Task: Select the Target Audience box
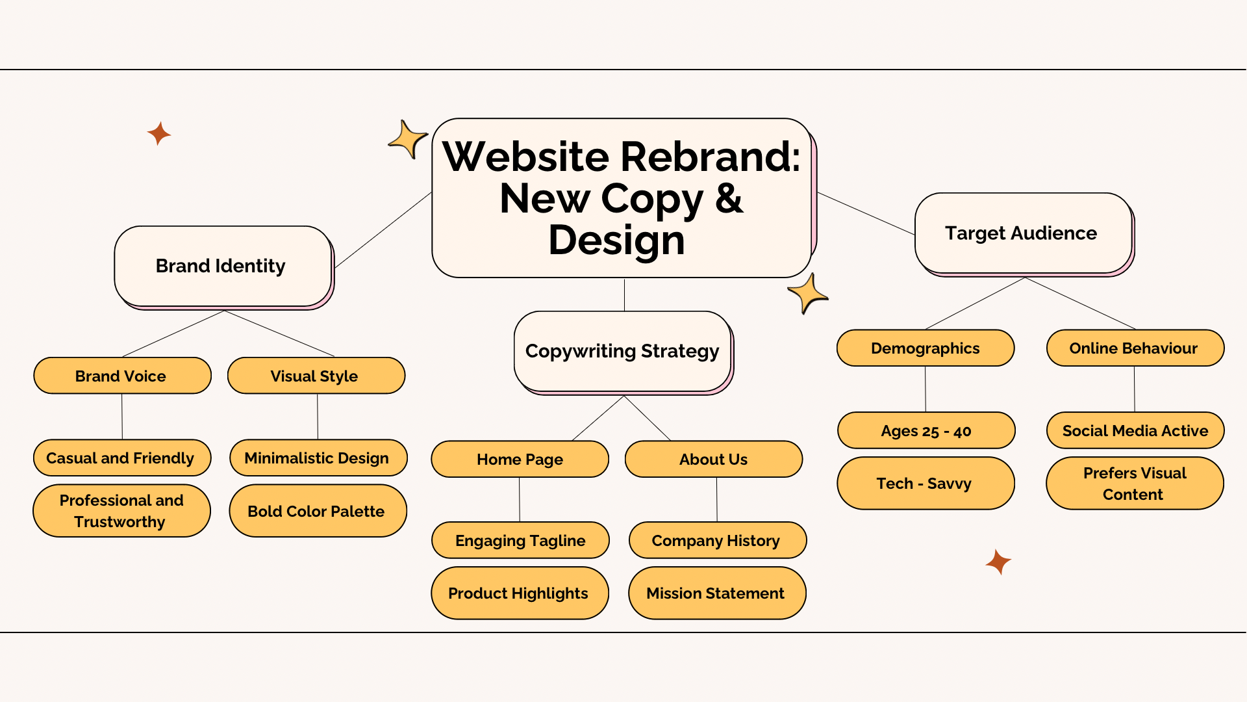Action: coord(1022,233)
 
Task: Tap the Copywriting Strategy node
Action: coord(622,351)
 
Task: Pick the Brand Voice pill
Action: coord(122,376)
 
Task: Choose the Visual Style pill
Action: coord(316,376)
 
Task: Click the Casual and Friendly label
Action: coord(121,458)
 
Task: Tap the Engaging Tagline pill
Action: coord(520,540)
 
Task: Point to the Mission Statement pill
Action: coord(716,593)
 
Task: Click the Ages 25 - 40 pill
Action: coord(926,430)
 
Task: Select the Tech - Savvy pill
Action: coord(925,483)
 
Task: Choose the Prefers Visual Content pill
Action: coord(1134,483)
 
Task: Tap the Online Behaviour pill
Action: coord(1135,348)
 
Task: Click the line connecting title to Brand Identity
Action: coord(383,229)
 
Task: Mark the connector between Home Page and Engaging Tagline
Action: coord(520,499)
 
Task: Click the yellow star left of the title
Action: coord(408,139)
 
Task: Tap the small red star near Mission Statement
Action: coord(998,562)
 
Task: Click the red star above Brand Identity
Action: coord(158,133)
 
